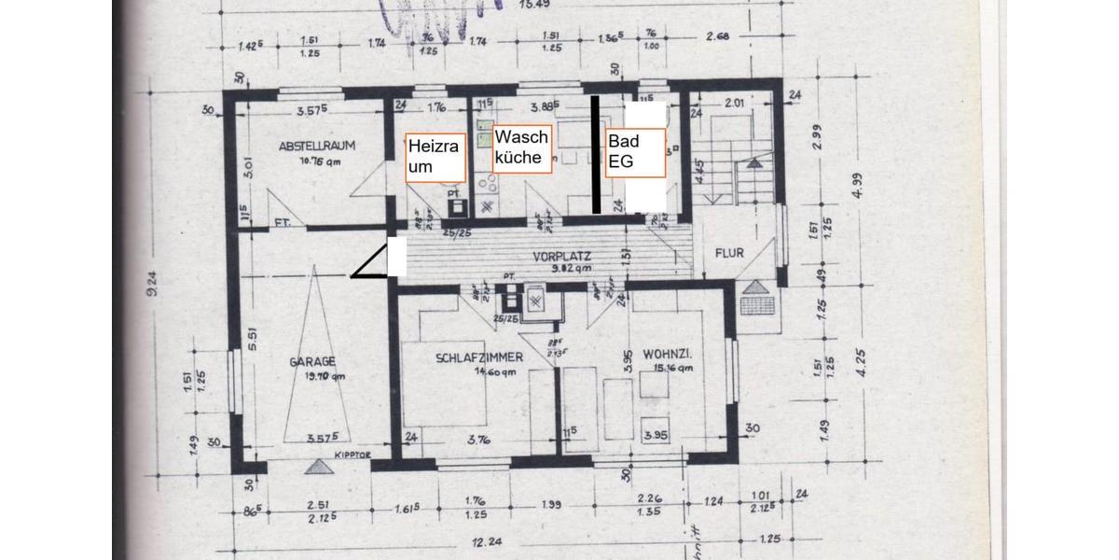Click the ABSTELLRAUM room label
(x=318, y=146)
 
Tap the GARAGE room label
(x=311, y=362)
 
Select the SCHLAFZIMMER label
(x=479, y=357)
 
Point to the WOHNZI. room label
(x=668, y=354)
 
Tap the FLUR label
(x=729, y=253)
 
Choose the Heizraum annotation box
(x=435, y=157)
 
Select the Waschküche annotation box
(x=523, y=147)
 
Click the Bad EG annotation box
(x=635, y=152)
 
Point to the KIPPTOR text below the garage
(x=352, y=456)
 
